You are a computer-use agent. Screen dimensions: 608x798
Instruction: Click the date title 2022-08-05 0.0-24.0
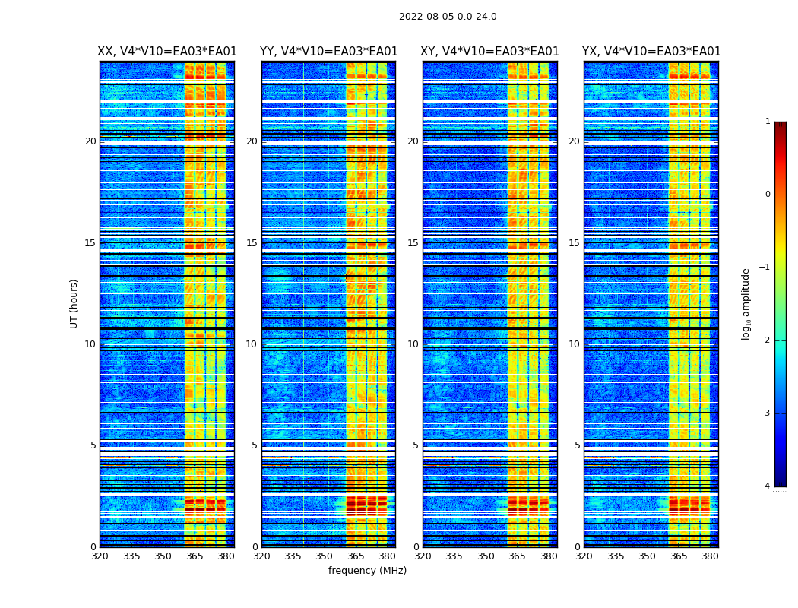click(448, 17)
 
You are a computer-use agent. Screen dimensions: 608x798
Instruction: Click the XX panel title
click(167, 52)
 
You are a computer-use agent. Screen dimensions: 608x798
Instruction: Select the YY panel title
click(328, 52)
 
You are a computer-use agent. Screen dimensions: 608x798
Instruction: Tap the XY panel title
click(490, 52)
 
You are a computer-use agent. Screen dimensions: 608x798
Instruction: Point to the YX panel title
click(651, 52)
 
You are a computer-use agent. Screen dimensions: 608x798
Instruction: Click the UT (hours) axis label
click(74, 303)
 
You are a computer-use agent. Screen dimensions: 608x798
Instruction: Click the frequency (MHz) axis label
click(367, 571)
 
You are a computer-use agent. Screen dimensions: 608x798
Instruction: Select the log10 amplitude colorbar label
click(746, 303)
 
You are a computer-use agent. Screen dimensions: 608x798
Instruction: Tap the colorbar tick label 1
click(768, 122)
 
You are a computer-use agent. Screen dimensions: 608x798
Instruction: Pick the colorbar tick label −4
click(765, 486)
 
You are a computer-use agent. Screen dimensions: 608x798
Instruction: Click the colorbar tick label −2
click(765, 340)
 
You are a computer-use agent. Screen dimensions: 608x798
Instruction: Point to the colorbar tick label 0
click(768, 195)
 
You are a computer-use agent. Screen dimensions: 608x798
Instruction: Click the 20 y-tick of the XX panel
click(90, 141)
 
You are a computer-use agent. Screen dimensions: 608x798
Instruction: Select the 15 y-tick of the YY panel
click(252, 243)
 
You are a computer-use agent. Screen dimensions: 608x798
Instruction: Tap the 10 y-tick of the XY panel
click(413, 344)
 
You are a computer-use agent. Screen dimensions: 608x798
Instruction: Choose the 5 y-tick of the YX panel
click(577, 445)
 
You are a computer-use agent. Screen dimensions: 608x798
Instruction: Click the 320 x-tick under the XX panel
click(100, 556)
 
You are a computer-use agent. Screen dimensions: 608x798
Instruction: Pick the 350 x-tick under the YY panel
click(325, 556)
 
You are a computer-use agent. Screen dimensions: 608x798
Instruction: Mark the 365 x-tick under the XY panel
click(517, 556)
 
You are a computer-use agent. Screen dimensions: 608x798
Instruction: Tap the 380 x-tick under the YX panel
click(710, 556)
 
